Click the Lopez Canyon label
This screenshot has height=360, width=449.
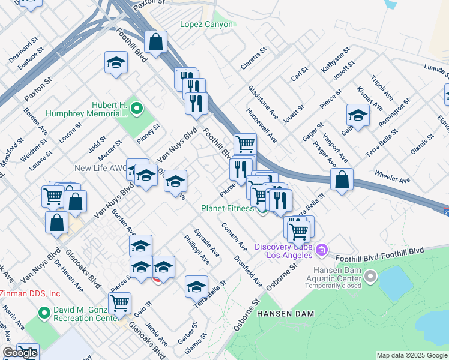click(x=206, y=25)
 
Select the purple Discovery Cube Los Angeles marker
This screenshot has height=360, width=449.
click(x=322, y=249)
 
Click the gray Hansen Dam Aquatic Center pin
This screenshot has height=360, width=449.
click(x=370, y=277)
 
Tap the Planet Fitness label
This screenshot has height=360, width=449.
click(x=228, y=208)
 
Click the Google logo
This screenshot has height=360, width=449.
click(x=20, y=353)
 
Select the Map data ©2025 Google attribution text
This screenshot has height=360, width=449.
click(x=412, y=355)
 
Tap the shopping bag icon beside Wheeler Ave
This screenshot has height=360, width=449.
click(x=342, y=179)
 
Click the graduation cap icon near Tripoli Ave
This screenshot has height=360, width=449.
click(x=358, y=115)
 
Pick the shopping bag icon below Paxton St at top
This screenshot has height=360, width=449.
click(x=155, y=43)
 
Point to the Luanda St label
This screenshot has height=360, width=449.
click(x=428, y=71)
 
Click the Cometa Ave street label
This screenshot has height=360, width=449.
click(x=234, y=238)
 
